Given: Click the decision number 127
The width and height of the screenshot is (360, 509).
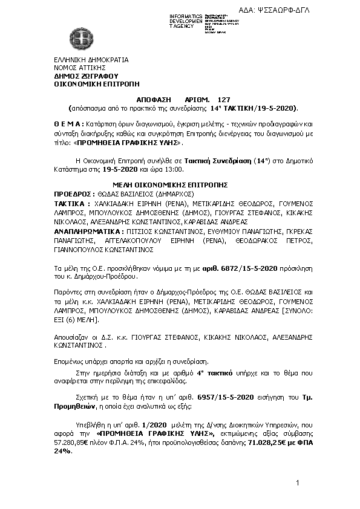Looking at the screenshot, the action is coord(224,99).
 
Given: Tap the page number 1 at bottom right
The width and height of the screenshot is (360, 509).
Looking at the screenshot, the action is coord(298,482).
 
